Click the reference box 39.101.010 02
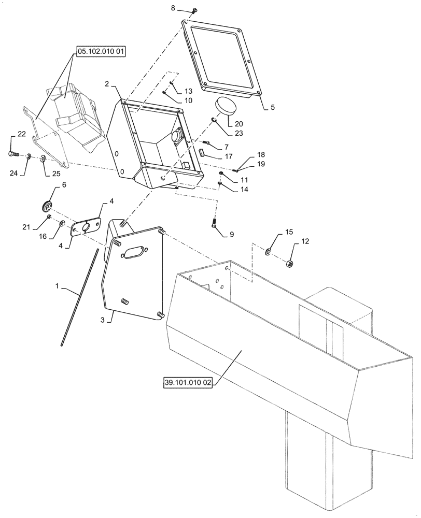click(188, 383)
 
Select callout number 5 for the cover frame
click(273, 108)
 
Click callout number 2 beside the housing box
click(106, 83)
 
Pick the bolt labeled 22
click(13, 153)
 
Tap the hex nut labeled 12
click(290, 265)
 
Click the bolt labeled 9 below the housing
click(215, 224)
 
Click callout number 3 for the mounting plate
click(104, 321)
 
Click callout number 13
click(188, 91)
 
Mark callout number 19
click(261, 164)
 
